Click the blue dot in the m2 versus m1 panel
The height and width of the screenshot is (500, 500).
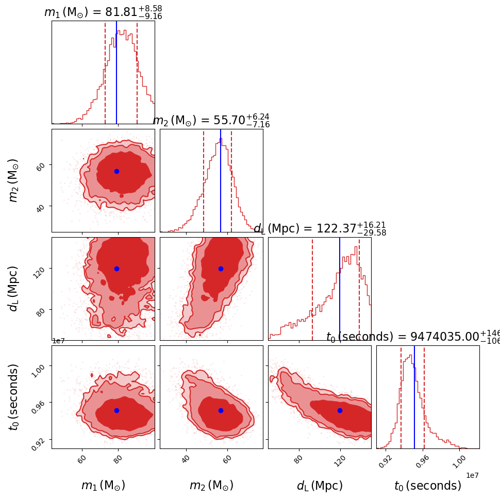pos(116,171)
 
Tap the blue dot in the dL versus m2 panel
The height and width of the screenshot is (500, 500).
pos(221,269)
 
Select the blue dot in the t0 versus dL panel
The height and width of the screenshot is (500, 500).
pos(340,410)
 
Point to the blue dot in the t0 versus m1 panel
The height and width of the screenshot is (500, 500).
pos(116,410)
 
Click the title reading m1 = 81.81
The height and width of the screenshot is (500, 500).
pos(103,12)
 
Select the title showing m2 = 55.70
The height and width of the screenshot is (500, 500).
pos(211,121)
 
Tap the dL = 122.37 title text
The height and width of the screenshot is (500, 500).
pos(320,229)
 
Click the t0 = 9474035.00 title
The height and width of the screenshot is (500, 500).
pos(412,337)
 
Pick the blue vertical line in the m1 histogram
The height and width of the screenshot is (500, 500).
pos(116,72)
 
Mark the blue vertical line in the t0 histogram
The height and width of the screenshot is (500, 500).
pos(414,397)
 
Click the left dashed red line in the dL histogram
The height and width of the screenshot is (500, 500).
pos(312,289)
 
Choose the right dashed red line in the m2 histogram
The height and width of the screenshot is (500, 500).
pos(231,180)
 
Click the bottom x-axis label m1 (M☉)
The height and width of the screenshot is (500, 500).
pos(103,486)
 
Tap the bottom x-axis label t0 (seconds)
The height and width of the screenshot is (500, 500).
pos(428,486)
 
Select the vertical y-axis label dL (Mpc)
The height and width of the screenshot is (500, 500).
pos(13,289)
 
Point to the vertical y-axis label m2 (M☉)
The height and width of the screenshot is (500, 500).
pos(13,180)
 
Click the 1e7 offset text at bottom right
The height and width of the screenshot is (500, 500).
pos(473,475)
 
